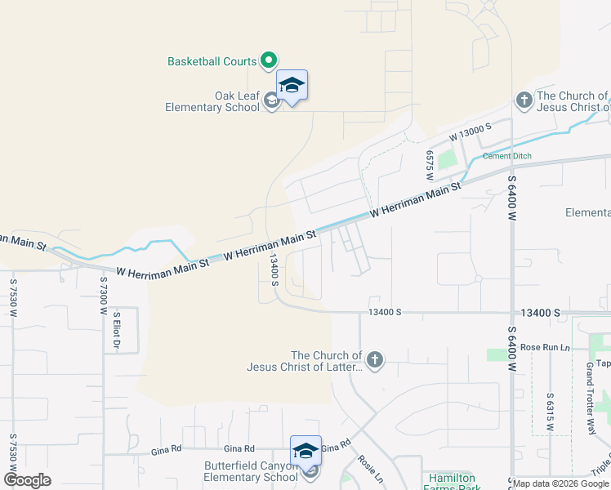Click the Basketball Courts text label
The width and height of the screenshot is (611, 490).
click(x=212, y=61)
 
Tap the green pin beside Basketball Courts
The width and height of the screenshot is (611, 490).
click(x=268, y=60)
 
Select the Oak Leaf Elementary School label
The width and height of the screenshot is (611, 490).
click(x=212, y=101)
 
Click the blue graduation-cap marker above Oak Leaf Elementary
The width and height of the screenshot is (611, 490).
click(x=292, y=85)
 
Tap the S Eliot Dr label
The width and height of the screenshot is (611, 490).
click(x=117, y=331)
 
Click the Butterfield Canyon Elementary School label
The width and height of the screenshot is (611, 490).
click(x=239, y=471)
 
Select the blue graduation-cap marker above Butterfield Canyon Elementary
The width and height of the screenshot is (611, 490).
click(x=305, y=450)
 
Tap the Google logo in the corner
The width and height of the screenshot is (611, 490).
click(x=27, y=480)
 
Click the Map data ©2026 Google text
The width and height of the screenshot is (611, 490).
click(x=560, y=483)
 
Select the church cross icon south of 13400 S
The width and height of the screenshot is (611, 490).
click(x=375, y=360)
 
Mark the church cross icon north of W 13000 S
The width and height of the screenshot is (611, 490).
click(x=524, y=100)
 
